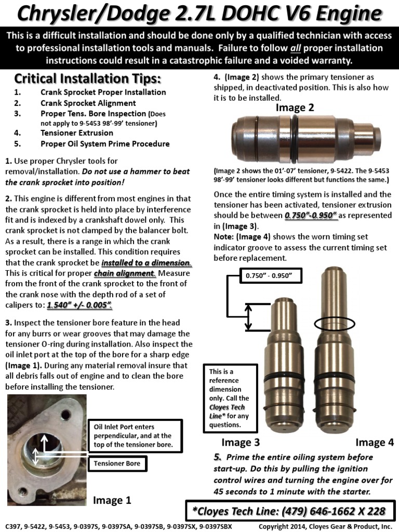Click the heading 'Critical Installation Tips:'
coord(87,79)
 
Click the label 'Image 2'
coord(295,108)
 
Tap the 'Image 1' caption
coord(112,500)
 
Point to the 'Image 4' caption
coord(375,443)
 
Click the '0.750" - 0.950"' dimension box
coord(270,275)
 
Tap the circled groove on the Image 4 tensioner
coord(335,323)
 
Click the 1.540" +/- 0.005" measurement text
coord(79,305)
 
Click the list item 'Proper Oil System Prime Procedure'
coord(105,143)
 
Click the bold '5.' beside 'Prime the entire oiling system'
coord(218,457)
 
